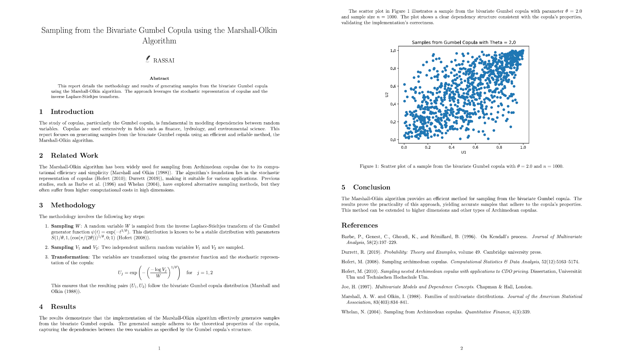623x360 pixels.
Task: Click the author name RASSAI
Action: pyautogui.click(x=164, y=61)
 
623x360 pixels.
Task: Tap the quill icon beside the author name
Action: pyautogui.click(x=148, y=59)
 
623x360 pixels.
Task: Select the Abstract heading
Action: pyautogui.click(x=159, y=78)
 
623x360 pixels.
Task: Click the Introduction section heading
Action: pyautogui.click(x=72, y=112)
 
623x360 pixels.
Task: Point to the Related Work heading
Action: pyautogui.click(x=74, y=156)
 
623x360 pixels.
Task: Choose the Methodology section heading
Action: pyautogui.click(x=73, y=205)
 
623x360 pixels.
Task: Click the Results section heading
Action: pyautogui.click(x=63, y=307)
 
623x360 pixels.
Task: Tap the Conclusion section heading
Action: pyautogui.click(x=372, y=187)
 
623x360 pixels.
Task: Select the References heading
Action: pyautogui.click(x=360, y=225)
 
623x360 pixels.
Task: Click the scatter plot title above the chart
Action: pyautogui.click(x=463, y=42)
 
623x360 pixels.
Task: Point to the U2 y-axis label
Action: pyautogui.click(x=386, y=95)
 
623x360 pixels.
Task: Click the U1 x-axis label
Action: pyautogui.click(x=463, y=152)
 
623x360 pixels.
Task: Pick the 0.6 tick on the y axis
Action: pyautogui.click(x=393, y=86)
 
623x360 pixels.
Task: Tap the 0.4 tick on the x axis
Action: pyautogui.click(x=451, y=148)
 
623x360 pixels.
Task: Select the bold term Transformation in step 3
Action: pyautogui.click(x=70, y=257)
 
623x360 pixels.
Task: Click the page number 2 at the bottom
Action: pyautogui.click(x=461, y=348)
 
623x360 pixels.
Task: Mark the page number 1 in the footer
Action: pyautogui.click(x=159, y=348)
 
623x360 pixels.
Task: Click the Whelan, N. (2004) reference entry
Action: pyautogui.click(x=436, y=312)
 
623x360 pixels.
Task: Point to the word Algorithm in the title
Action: pyautogui.click(x=159, y=41)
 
